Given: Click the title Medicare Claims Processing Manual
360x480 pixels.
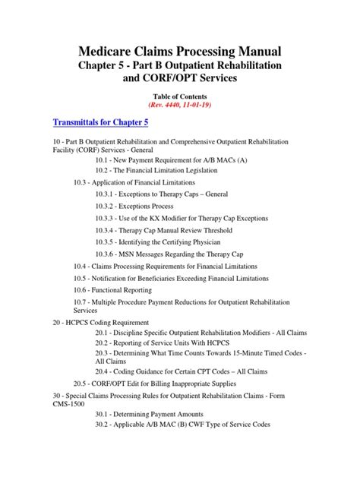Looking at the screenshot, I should click(x=180, y=52).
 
